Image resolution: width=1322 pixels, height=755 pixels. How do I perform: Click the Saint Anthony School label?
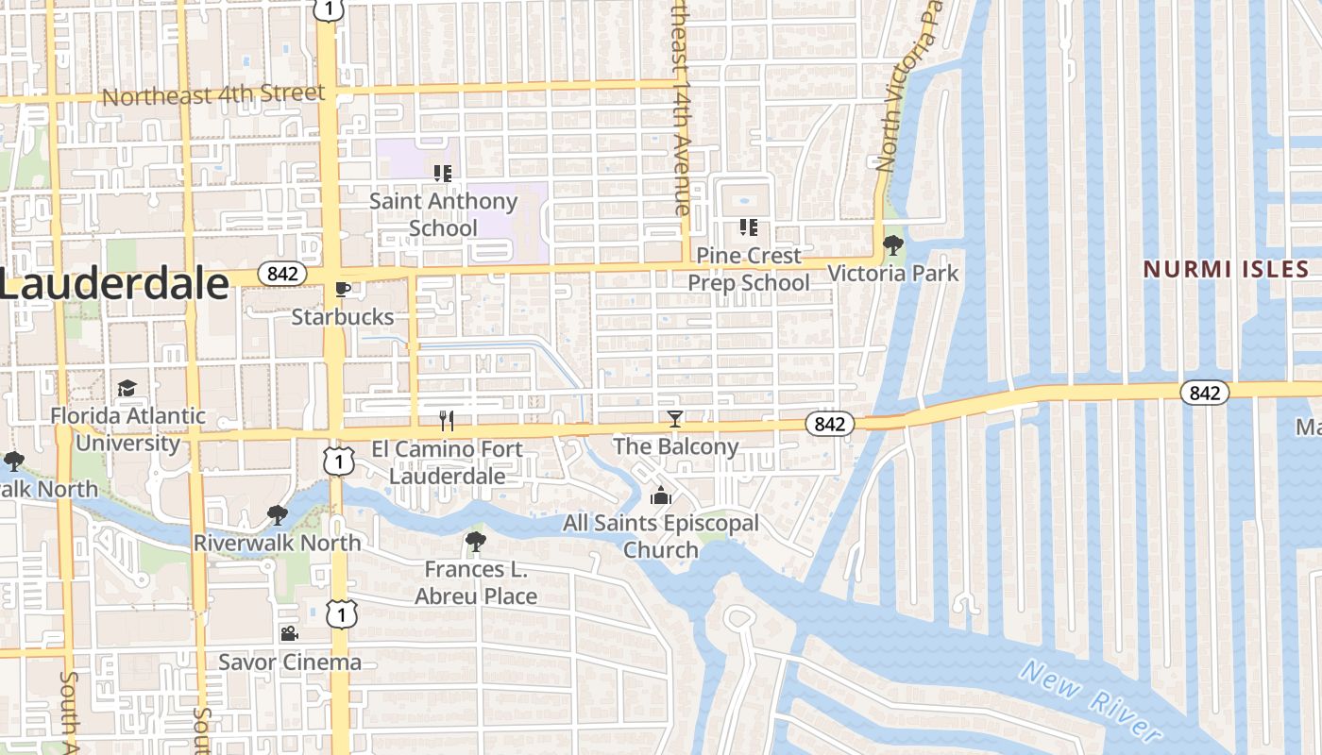tap(443, 214)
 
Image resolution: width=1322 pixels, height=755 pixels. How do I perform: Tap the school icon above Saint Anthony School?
tap(443, 173)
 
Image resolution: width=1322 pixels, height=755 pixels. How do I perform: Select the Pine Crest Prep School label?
tap(748, 269)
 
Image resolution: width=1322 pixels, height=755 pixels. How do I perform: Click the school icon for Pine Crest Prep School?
tap(749, 226)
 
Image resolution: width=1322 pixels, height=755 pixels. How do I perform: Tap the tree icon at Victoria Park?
tap(892, 245)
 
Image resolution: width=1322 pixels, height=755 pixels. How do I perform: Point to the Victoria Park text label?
tap(892, 274)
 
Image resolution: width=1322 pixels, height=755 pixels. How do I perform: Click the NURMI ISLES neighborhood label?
tap(1226, 269)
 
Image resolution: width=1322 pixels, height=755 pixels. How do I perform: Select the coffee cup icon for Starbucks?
tap(342, 289)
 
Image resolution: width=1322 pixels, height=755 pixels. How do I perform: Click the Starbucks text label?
tap(342, 317)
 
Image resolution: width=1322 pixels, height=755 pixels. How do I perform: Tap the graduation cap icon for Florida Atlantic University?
tap(127, 388)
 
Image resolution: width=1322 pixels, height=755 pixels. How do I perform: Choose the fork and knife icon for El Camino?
tap(447, 420)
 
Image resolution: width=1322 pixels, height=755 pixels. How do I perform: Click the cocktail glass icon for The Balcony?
tap(675, 418)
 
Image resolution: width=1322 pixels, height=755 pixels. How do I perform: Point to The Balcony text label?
tap(675, 446)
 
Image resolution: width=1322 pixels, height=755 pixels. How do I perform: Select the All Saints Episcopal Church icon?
tap(661, 495)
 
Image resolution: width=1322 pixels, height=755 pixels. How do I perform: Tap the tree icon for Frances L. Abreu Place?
tap(476, 542)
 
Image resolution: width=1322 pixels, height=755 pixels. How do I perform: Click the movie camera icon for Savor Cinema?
tap(289, 634)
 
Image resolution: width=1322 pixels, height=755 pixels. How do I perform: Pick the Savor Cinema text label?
tap(290, 662)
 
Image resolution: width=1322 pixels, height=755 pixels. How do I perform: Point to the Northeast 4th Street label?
tap(213, 94)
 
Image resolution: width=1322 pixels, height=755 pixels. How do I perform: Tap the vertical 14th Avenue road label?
tap(681, 109)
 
